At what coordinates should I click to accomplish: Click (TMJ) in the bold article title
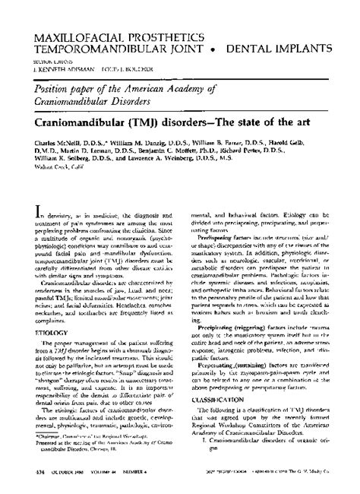point(153,121)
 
